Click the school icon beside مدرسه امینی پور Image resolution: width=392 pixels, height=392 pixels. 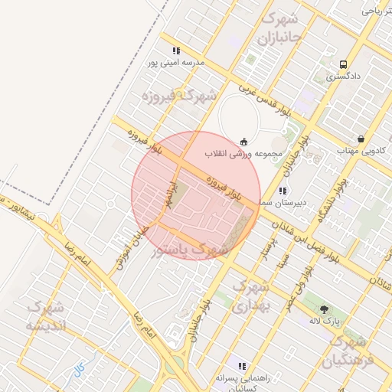(177, 51)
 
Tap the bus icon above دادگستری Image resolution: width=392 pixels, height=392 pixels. (342, 64)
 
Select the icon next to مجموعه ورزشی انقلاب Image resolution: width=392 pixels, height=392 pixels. (243, 141)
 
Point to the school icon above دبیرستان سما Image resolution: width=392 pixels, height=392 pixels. (283, 190)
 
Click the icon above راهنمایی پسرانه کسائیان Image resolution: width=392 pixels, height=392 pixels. (243, 366)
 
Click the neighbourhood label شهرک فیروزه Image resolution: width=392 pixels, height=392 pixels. (179, 96)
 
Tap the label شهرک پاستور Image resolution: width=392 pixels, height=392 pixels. (190, 250)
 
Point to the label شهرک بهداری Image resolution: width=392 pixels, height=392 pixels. (250, 296)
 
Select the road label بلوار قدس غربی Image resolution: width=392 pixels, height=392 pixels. (263, 99)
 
